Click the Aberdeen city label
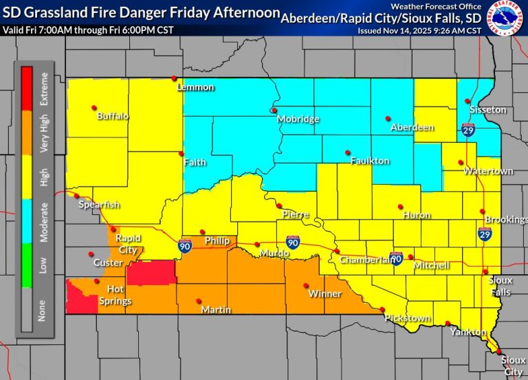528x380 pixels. pyautogui.click(x=412, y=128)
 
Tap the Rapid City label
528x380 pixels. pyautogui.click(x=129, y=244)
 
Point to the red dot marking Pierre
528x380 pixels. pyautogui.click(x=279, y=205)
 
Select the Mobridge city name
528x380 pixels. pyautogui.click(x=298, y=120)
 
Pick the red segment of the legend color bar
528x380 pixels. pyautogui.click(x=27, y=89)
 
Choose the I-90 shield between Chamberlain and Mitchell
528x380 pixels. pyautogui.click(x=395, y=258)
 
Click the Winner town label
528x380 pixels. pyautogui.click(x=324, y=294)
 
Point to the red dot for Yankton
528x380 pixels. pyautogui.click(x=448, y=324)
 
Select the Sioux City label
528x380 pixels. pyautogui.click(x=512, y=365)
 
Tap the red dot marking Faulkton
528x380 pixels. pyautogui.click(x=347, y=152)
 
